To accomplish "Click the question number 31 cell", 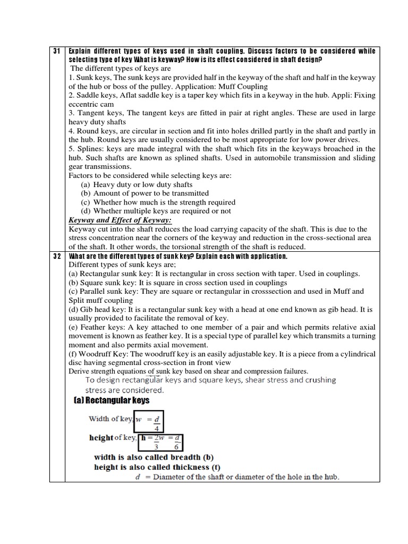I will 57,51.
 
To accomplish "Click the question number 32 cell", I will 57,257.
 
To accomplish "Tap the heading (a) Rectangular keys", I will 112,400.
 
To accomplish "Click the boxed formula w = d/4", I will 149,421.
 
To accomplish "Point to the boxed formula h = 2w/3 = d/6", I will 163,441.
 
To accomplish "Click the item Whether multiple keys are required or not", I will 161,211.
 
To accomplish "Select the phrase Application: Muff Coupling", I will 224,87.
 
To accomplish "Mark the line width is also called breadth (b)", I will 154,457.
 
